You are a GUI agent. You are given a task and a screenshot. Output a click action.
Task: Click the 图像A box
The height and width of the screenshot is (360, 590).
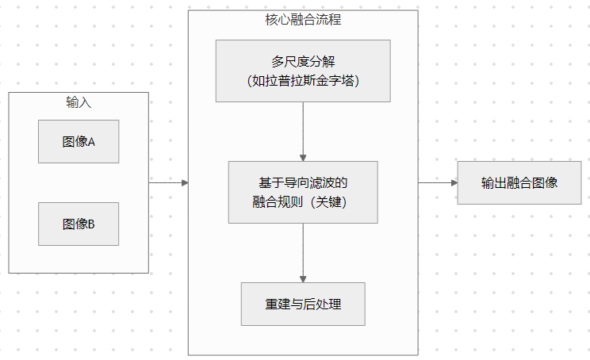coord(79,142)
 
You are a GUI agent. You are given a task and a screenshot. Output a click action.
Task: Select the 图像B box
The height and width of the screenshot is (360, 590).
coord(79,224)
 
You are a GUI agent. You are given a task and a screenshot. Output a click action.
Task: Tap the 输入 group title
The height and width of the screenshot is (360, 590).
coord(79,102)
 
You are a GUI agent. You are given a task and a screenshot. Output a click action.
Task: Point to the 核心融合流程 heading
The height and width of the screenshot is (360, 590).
coord(302,20)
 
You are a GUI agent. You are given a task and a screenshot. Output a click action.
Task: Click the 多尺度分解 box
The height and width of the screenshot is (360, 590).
coord(302,71)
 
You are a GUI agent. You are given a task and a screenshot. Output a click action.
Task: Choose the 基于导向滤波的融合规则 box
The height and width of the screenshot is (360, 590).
coord(302,192)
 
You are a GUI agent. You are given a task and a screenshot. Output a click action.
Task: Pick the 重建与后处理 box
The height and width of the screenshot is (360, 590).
coord(302,304)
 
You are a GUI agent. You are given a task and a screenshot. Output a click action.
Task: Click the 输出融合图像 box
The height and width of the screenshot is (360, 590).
coord(519,182)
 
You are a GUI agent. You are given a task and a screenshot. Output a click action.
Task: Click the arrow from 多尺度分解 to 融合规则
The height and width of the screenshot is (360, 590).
coord(303,132)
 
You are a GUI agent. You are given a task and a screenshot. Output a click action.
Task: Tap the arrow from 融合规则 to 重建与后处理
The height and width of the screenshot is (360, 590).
coord(303,252)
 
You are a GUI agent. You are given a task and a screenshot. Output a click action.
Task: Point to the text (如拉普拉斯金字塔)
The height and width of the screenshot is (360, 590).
coord(302,81)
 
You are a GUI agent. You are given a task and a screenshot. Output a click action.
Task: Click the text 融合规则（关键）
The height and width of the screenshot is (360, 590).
coord(302,202)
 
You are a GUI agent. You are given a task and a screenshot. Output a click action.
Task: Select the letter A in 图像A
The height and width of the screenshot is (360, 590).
coord(91,142)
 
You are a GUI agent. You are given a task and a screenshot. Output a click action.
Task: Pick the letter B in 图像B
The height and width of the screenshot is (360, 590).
coord(91,224)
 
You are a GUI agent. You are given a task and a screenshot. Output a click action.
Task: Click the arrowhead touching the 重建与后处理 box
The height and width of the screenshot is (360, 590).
coord(303,278)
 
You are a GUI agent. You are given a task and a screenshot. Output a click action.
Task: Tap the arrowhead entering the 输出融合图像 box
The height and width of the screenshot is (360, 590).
coord(454,182)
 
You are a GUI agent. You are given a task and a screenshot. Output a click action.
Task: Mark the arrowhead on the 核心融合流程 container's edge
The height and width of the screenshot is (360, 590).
coord(184,182)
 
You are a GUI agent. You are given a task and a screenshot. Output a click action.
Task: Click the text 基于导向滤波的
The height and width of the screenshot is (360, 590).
coord(302,182)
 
